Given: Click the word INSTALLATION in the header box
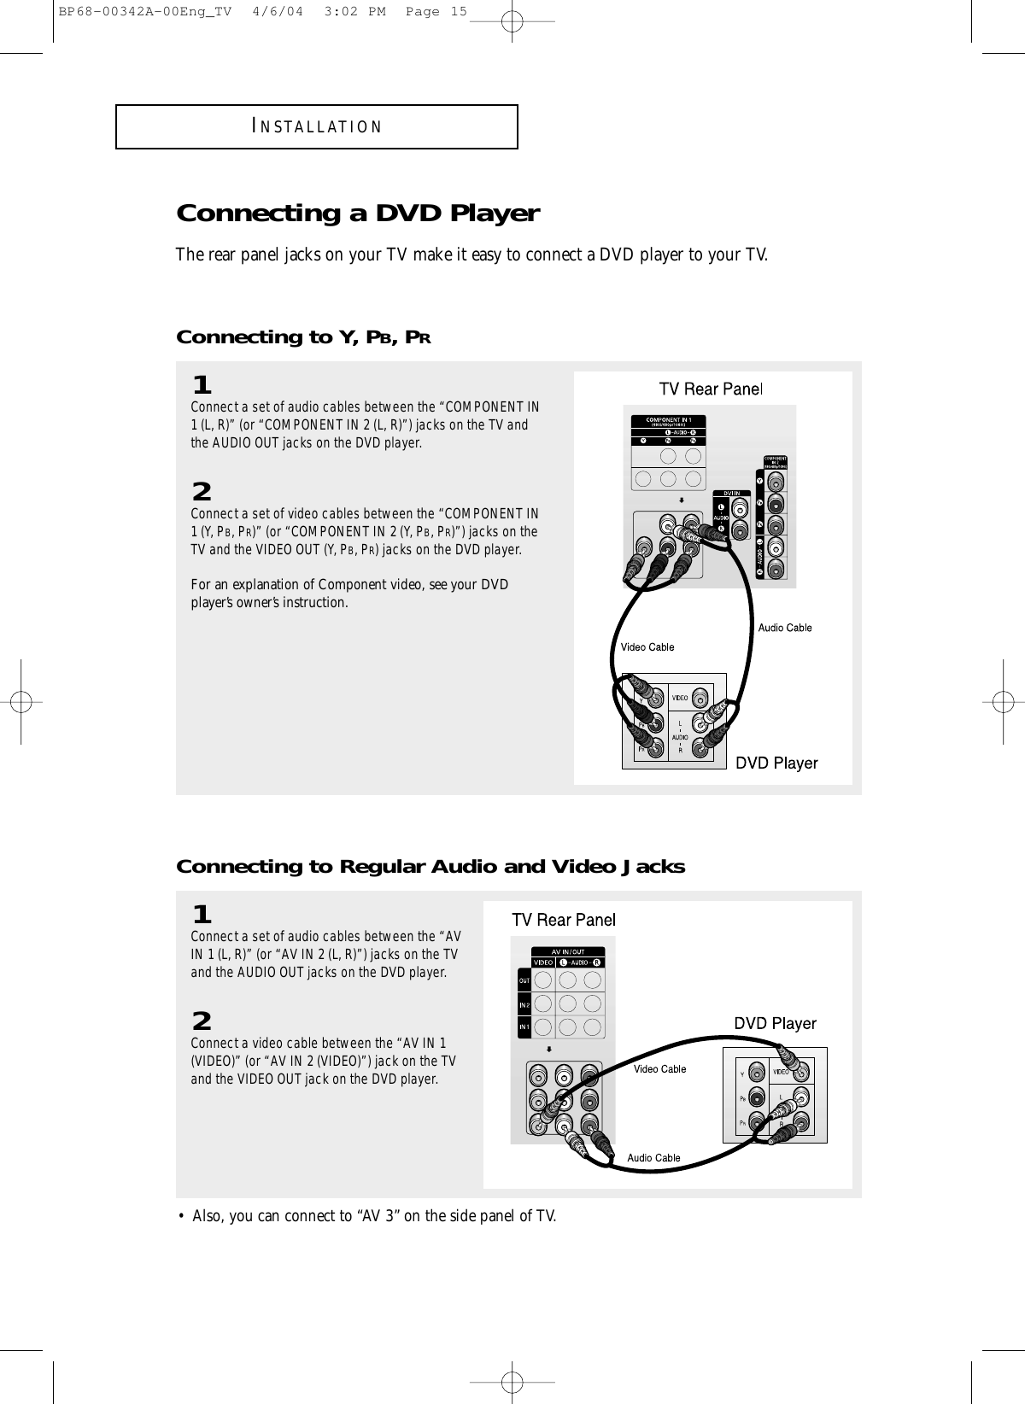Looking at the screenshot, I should coord(317,127).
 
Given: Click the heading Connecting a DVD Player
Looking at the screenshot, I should coord(357,213).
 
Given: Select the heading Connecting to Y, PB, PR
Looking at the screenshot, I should coord(302,337).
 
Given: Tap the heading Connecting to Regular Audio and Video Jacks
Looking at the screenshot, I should coord(430,867).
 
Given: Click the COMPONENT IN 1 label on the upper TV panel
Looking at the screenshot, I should coord(674,420).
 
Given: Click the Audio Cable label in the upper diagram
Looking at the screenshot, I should coord(785,628).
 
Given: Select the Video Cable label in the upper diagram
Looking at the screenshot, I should coord(647,647).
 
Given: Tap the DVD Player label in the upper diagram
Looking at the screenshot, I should coord(776,763).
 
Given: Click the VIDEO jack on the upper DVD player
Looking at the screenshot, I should coord(701,696).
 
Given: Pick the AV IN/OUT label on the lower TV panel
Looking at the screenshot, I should coord(567,951).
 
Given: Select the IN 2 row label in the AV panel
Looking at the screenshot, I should coord(524,1004).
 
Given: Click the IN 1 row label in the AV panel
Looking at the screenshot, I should coord(524,1027).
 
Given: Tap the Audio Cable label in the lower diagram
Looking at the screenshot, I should coord(653,1158).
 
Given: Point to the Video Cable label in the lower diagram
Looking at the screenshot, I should coord(659,1069).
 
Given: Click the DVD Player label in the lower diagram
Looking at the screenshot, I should coord(775,1023).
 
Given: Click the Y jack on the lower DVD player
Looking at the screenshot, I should coord(755,1071).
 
